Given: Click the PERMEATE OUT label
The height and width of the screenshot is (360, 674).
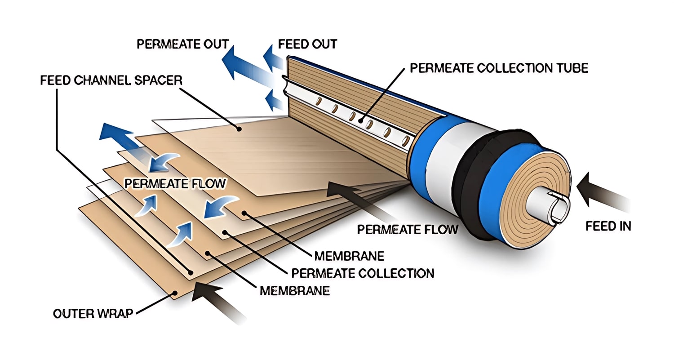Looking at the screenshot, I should (183, 44).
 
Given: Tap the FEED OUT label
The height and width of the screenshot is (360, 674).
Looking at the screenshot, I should (307, 44).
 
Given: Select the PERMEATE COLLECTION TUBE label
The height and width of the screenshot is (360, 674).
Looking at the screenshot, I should (499, 68).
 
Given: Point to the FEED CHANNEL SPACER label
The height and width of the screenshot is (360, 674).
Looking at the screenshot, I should (111, 80).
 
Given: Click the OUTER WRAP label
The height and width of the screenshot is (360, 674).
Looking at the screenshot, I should (93, 313).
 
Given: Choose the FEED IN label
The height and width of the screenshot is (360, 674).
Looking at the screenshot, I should (608, 226).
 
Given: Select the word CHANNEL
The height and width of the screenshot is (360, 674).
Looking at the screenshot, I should (100, 80).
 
